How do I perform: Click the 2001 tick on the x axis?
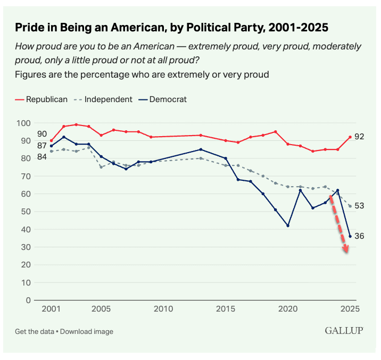(51, 308)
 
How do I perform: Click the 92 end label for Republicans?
(360, 137)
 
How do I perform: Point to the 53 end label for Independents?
(360, 206)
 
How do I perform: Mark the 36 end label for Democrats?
(360, 236)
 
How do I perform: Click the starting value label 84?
(42, 156)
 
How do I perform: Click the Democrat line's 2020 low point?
(288, 225)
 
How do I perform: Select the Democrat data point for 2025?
(350, 236)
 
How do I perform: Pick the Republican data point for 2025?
(350, 137)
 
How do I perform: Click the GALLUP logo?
(344, 331)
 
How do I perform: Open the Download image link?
(87, 331)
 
